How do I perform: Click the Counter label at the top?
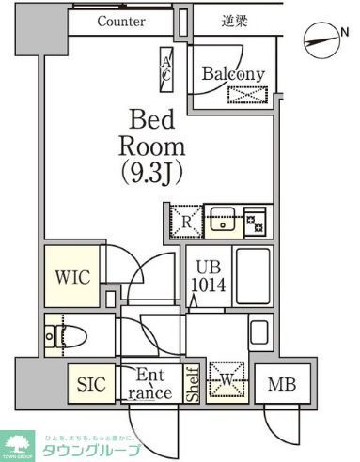pos(120,21)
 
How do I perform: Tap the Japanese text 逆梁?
pos(234,21)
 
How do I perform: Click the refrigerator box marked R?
pos(184,222)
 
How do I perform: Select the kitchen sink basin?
pos(224,222)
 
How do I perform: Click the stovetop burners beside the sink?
pos(255,222)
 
